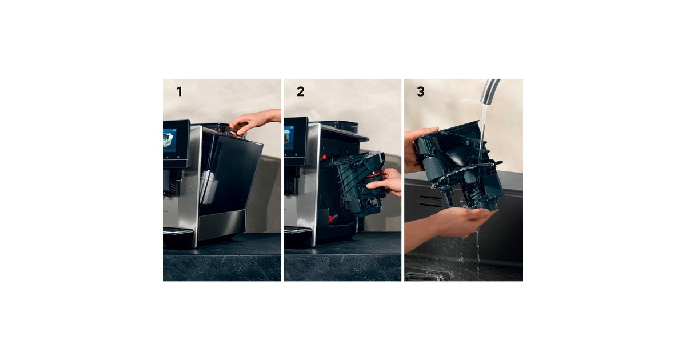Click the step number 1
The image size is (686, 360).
tap(179, 92)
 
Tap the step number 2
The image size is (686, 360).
tap(301, 92)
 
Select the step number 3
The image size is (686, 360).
tap(421, 92)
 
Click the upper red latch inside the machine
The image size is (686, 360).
tap(324, 157)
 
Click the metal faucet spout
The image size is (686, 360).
tap(490, 91)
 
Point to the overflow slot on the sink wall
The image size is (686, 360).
tap(430, 201)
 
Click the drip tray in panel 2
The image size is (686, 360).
tap(298, 231)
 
